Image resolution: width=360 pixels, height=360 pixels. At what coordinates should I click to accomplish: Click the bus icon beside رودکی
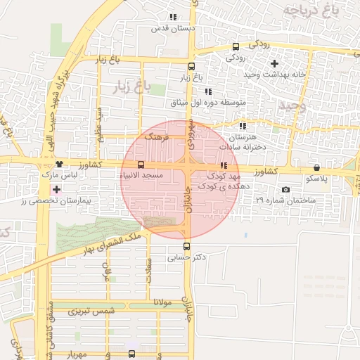pos(235,47)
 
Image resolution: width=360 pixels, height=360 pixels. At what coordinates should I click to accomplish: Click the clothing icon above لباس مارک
pos(58,163)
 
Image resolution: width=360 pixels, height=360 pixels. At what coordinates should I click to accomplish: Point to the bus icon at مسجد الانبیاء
pos(141,165)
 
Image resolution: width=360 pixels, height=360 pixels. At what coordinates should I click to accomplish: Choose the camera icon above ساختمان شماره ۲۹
pos(285,190)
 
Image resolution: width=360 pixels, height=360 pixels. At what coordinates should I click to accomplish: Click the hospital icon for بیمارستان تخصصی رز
pos(56,190)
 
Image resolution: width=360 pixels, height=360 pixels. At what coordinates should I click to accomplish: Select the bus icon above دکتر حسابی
pos(186,246)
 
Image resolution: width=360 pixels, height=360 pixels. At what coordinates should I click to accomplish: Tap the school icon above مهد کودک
pos(224,165)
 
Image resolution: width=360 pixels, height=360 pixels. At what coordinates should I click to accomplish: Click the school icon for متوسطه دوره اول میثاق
pos(207,91)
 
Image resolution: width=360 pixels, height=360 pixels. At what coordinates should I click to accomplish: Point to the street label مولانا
pos(153,302)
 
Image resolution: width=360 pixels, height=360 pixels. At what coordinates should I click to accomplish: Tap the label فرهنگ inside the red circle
pos(157,139)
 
